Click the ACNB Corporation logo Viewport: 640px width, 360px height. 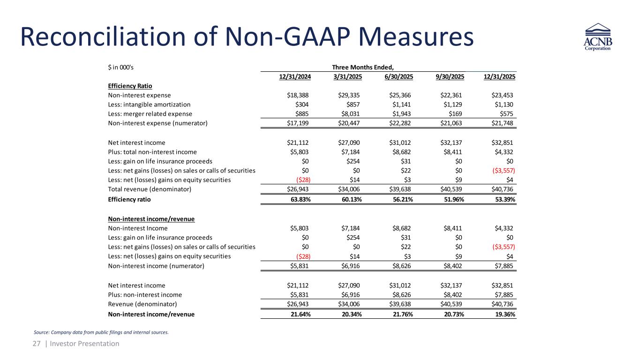(x=597, y=39)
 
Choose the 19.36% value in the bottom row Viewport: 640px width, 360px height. (x=505, y=314)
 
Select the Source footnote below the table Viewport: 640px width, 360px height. (x=101, y=333)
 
